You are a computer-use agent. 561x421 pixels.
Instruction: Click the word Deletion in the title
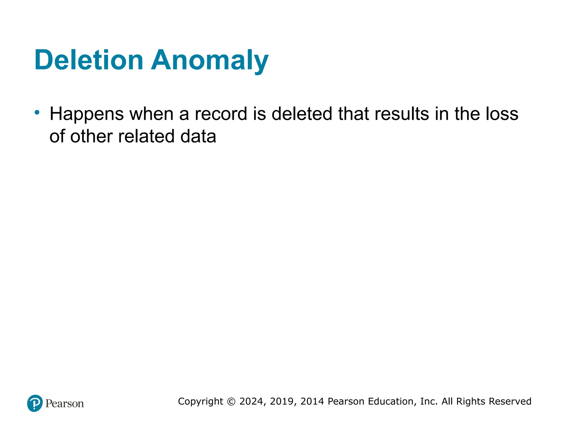coord(89,60)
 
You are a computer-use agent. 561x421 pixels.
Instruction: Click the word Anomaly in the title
coord(210,61)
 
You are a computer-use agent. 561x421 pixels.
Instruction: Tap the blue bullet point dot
coord(37,112)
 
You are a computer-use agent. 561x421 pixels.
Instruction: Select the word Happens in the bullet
coord(87,114)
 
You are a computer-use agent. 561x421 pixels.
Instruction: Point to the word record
coord(221,114)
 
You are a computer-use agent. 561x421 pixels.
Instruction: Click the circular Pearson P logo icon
coord(35,403)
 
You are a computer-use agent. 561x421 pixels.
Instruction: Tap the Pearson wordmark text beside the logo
coord(65,403)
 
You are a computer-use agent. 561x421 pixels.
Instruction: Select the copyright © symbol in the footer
coord(231,402)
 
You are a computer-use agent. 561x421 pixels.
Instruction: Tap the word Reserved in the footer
coord(510,401)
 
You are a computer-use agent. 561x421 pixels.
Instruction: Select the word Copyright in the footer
coord(201,402)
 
